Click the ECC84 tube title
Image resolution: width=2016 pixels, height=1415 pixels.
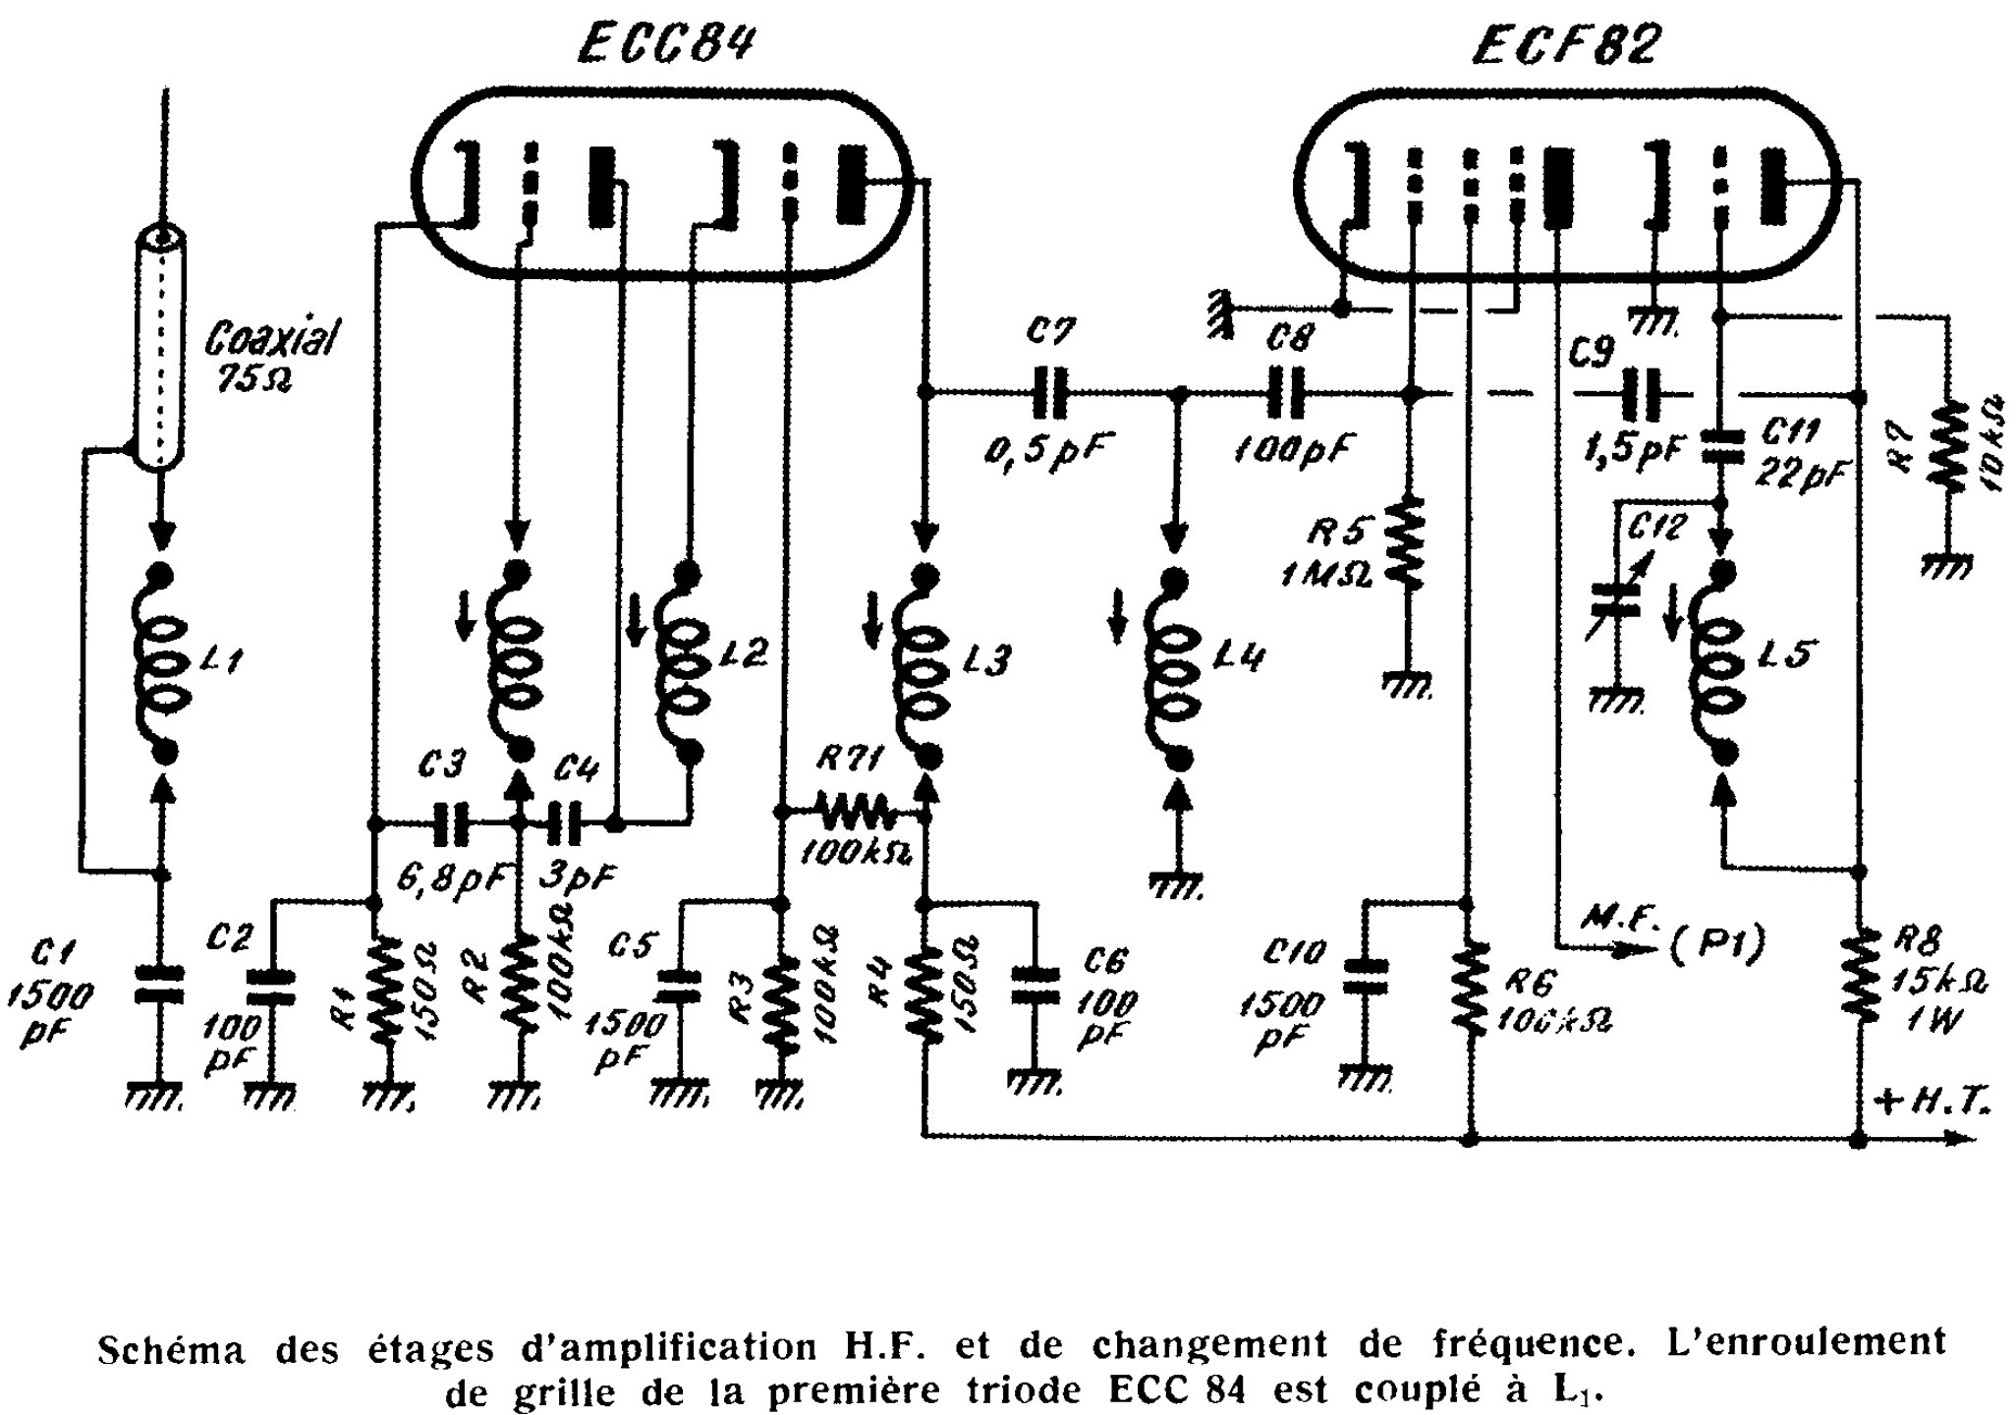tap(666, 45)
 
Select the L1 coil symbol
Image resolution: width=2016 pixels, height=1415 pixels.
tap(162, 663)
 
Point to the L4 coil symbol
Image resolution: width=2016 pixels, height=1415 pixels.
tap(1174, 668)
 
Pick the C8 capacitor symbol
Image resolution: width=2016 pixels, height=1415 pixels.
tap(1285, 394)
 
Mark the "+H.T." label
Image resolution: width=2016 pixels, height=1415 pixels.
tap(1931, 1104)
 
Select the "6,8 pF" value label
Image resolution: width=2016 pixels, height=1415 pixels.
tap(450, 876)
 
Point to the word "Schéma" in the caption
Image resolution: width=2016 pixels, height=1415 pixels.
tap(170, 1349)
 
